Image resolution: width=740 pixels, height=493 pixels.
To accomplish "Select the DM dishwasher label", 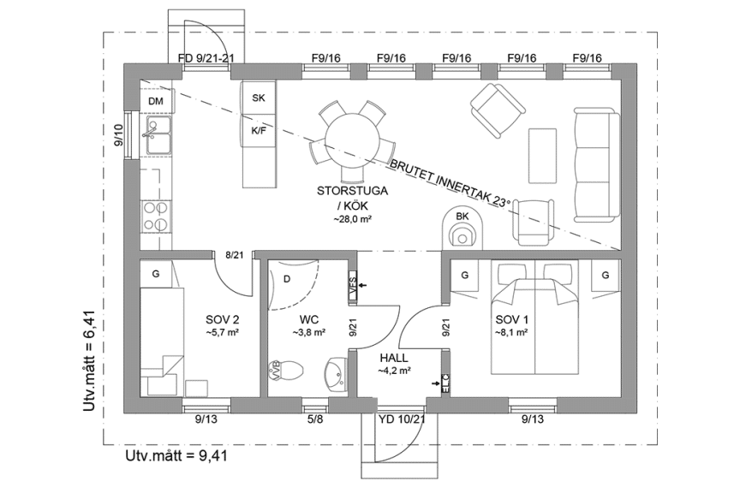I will click(x=155, y=101).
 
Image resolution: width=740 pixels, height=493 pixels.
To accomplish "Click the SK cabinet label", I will click(x=259, y=98).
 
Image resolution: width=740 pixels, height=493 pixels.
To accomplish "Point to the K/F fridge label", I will click(x=259, y=131).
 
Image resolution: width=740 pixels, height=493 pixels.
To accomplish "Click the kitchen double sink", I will click(x=158, y=137).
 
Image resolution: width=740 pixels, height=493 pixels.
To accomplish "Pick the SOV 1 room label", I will click(x=510, y=319).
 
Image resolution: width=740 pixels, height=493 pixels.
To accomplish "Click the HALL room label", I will click(x=395, y=359).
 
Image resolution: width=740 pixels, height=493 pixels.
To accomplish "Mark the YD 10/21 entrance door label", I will click(x=401, y=419).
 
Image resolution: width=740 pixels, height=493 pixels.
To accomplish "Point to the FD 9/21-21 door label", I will click(x=206, y=58).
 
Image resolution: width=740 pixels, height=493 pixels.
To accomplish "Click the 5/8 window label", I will click(x=314, y=419).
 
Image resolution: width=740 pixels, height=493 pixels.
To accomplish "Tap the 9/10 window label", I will click(x=119, y=135).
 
